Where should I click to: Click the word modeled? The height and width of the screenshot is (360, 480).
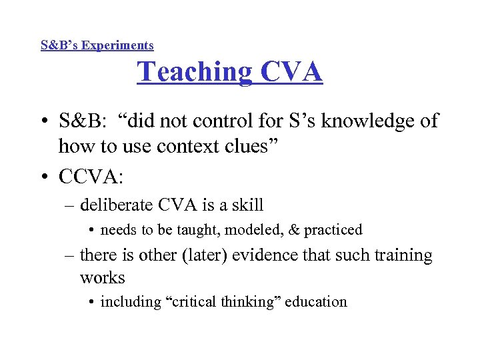[x=252, y=230]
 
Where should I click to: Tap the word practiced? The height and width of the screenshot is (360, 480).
[x=333, y=230]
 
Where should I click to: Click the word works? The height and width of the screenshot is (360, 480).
[x=102, y=277]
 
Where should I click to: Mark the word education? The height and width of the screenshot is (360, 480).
[x=317, y=302]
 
